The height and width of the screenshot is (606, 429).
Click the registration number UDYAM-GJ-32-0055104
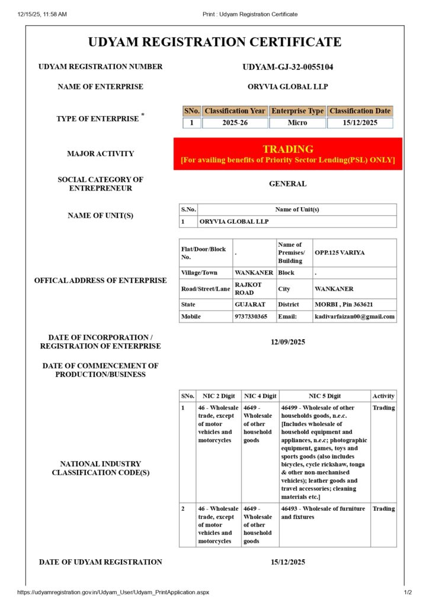[287, 67]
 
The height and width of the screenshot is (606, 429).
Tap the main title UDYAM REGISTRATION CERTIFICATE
[214, 42]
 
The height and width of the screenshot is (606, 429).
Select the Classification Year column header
[235, 111]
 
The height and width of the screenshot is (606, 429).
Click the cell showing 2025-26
[235, 123]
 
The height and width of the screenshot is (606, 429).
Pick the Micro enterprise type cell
[297, 123]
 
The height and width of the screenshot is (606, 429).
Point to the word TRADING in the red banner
[287, 149]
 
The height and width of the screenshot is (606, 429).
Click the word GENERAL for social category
[287, 184]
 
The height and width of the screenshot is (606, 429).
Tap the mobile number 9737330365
[251, 317]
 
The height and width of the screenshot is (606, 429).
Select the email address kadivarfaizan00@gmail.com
[354, 317]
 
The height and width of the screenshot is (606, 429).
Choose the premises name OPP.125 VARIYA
[340, 253]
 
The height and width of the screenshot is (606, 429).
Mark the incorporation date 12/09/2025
[287, 342]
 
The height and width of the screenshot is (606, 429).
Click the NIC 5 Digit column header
[324, 396]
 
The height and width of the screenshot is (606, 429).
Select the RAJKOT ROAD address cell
[248, 289]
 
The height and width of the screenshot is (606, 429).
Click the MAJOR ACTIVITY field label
[100, 154]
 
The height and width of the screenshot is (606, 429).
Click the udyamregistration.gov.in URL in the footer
[113, 592]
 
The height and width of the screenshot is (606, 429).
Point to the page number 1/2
[408, 592]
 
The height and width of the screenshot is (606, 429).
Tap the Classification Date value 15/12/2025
[360, 123]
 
